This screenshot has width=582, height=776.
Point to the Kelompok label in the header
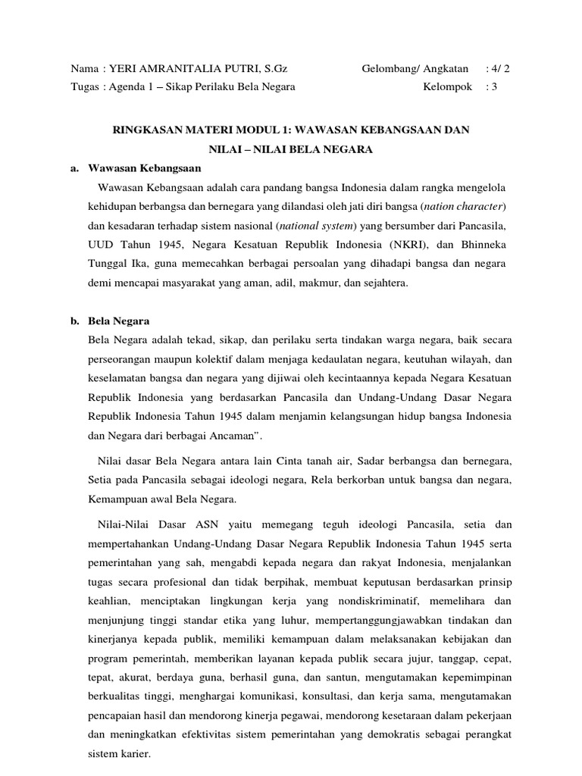(448, 86)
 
